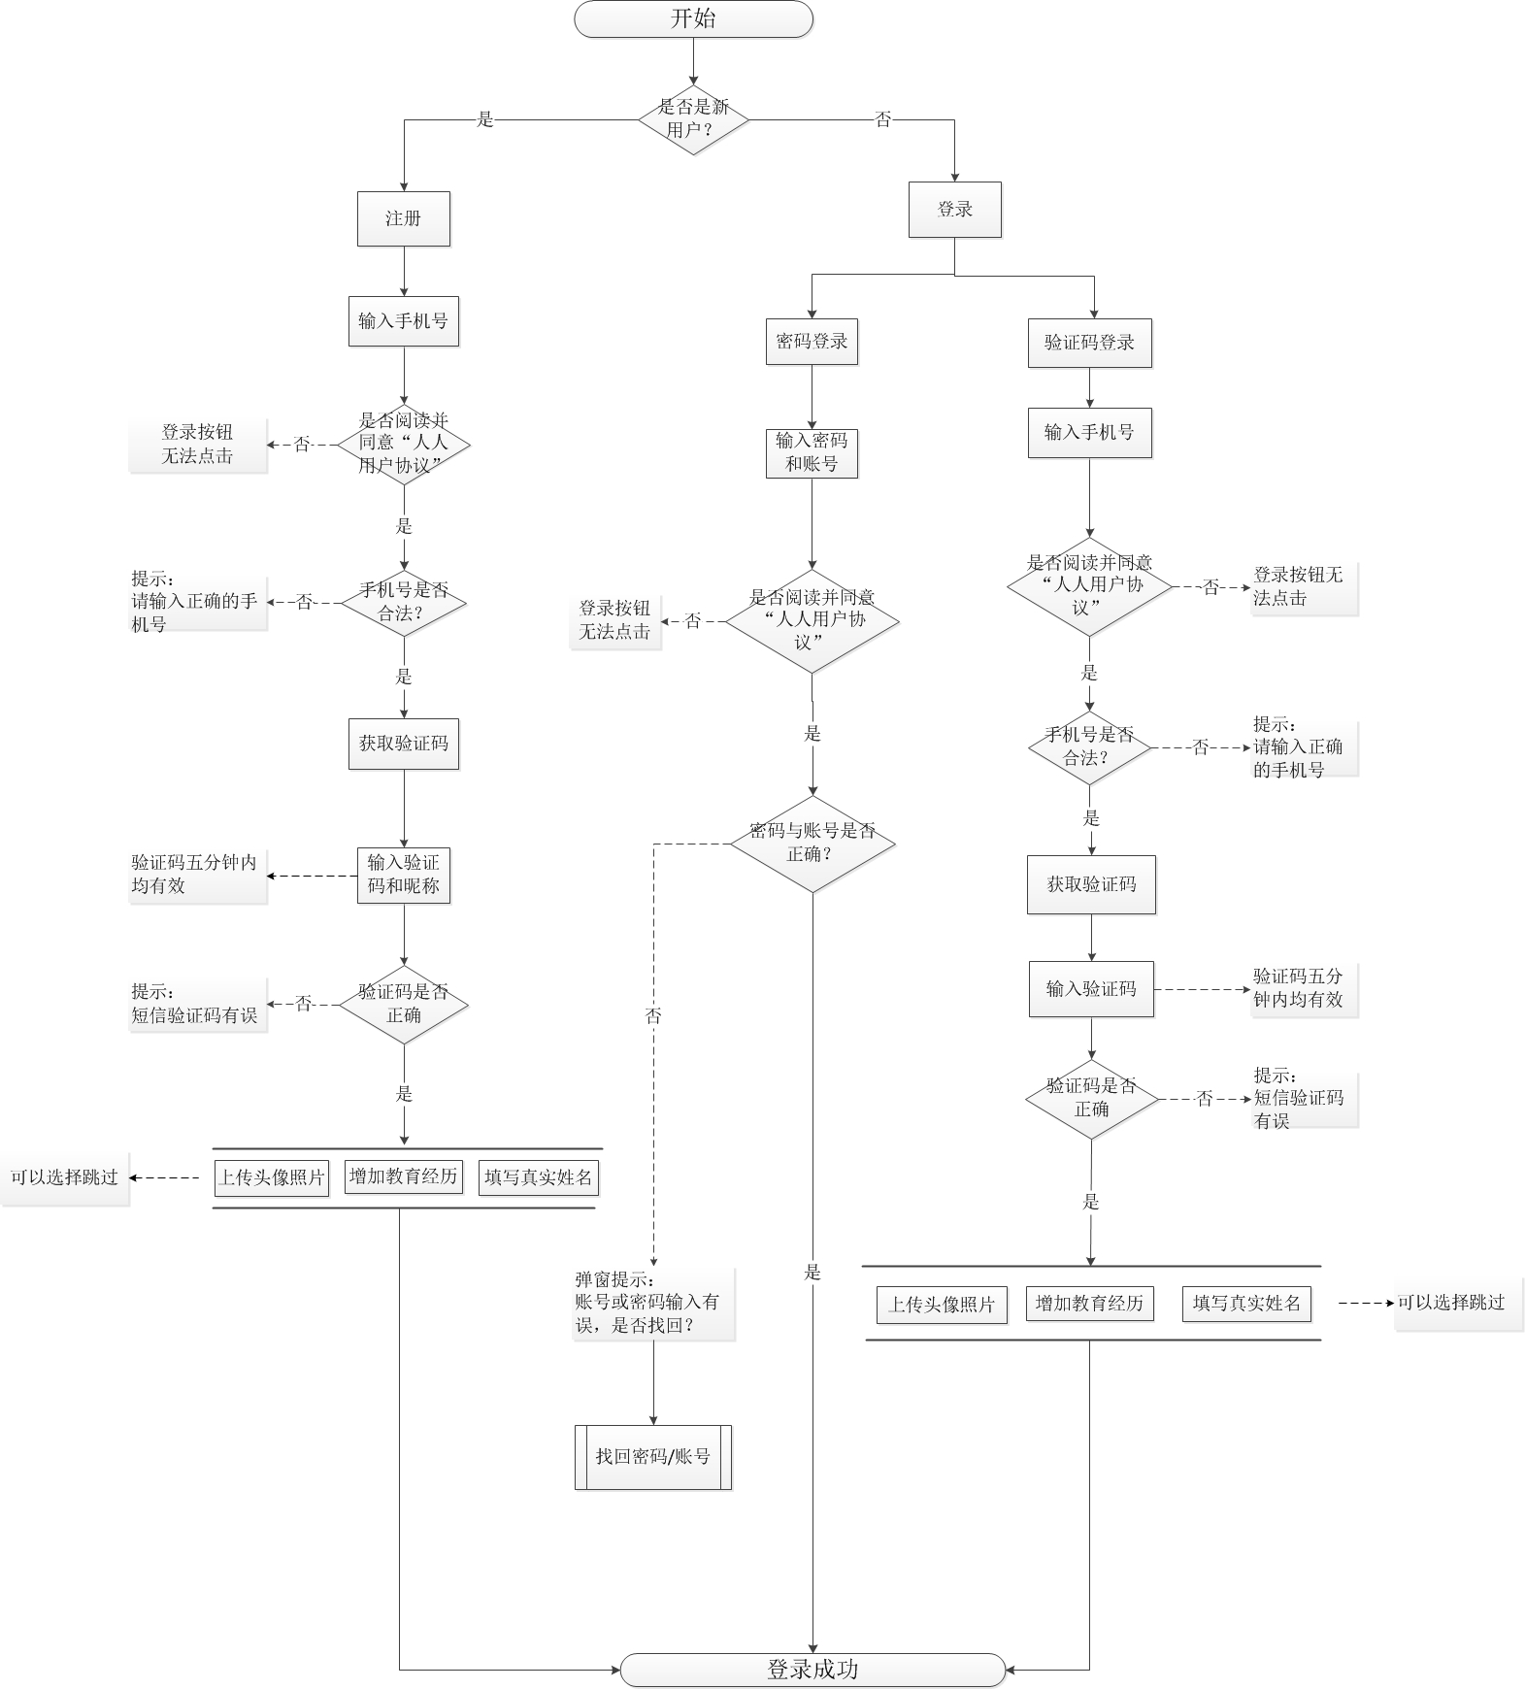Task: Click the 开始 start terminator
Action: tap(693, 19)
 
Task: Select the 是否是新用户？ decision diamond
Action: tap(693, 118)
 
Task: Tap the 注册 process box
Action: tap(404, 218)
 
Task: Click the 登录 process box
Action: tap(954, 210)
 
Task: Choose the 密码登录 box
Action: tap(812, 342)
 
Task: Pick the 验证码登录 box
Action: tap(1089, 343)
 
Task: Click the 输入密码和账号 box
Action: tap(812, 453)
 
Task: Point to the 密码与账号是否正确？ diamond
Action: tap(812, 844)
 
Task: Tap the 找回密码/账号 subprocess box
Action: tap(652, 1457)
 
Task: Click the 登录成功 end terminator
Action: tap(812, 1670)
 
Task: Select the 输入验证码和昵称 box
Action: tap(404, 875)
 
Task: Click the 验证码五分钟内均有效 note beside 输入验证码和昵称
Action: tap(197, 875)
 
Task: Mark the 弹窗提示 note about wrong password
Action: tap(653, 1303)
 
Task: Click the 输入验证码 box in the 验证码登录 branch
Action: tap(1091, 989)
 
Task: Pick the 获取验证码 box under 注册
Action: tap(404, 744)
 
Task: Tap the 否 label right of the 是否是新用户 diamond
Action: tap(883, 119)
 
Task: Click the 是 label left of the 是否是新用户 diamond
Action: tap(485, 119)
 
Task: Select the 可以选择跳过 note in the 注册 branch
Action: tap(65, 1177)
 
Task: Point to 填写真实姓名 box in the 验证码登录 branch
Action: tap(1246, 1304)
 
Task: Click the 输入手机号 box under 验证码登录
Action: tap(1089, 433)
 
